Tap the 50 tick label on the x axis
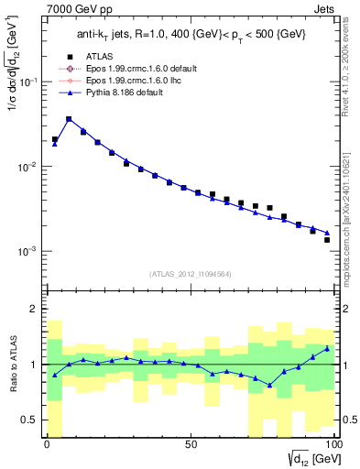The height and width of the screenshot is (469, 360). [191, 444]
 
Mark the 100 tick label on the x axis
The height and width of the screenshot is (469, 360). [333, 444]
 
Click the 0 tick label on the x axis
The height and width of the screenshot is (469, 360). [48, 444]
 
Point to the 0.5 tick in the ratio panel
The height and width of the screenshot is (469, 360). [29, 420]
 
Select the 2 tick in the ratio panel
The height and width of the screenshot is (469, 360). [34, 309]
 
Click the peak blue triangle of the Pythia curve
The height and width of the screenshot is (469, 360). [69, 119]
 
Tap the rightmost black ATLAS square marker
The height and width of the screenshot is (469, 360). [327, 240]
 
